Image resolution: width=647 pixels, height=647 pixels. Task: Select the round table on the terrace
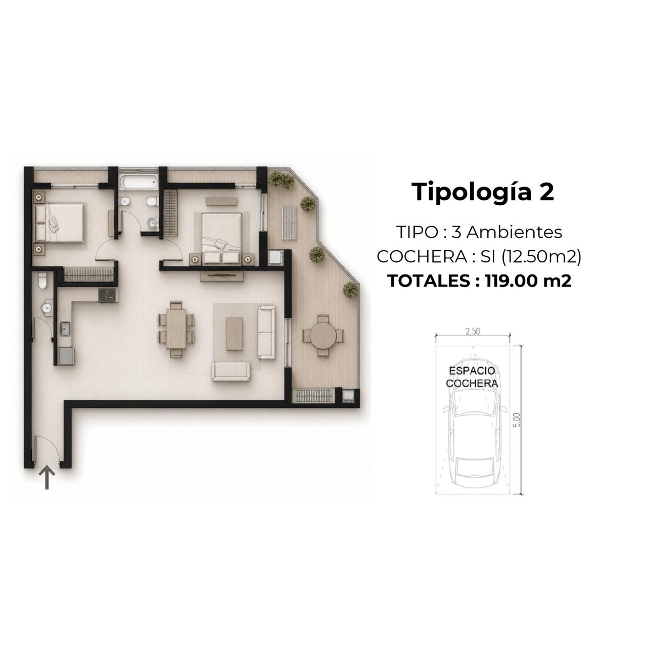pyautogui.click(x=323, y=336)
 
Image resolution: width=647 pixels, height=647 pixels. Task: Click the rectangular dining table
pyautogui.click(x=176, y=330)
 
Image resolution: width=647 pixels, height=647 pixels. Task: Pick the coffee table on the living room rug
pyautogui.click(x=235, y=334)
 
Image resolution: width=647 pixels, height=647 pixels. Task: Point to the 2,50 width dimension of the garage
pyautogui.click(x=473, y=332)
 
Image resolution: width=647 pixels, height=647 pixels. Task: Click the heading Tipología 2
pyautogui.click(x=484, y=193)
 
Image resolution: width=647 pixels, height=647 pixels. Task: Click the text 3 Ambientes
pyautogui.click(x=506, y=233)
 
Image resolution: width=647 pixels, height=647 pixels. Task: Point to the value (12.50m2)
pyautogui.click(x=541, y=257)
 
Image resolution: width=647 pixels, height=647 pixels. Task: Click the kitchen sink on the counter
pyautogui.click(x=65, y=329)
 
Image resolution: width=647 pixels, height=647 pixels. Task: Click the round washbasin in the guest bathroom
pyautogui.click(x=47, y=307)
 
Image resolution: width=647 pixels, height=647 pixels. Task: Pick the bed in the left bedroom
pyautogui.click(x=59, y=222)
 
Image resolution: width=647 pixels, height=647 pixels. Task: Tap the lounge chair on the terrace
pyautogui.click(x=289, y=222)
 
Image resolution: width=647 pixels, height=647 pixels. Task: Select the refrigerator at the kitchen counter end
pyautogui.click(x=66, y=356)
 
